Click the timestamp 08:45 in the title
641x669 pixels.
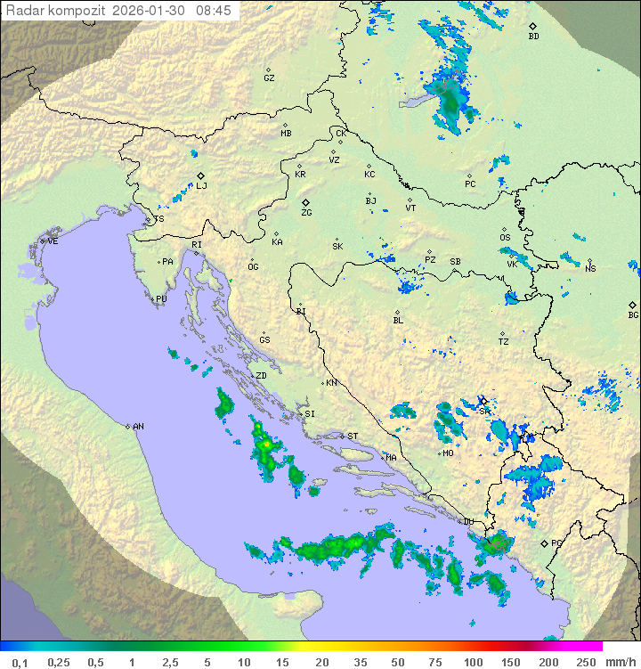point(212,10)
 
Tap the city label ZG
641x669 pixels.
point(306,213)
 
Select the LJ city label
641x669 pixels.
point(201,185)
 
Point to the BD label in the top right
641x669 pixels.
point(533,37)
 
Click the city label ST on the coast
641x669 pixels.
point(353,436)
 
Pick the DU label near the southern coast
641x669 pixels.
point(468,521)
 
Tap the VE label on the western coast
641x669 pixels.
point(53,241)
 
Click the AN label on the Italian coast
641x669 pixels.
point(138,427)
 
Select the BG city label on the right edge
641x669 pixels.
point(633,314)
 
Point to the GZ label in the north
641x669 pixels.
point(269,78)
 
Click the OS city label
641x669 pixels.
point(505,237)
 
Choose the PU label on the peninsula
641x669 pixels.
point(161,299)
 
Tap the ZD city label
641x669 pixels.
point(261,376)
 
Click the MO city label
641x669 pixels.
point(448,453)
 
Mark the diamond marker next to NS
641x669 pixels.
point(588,261)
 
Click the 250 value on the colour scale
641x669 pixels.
point(586,662)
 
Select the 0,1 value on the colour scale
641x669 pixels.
point(20,662)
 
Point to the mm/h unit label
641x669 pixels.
point(619,662)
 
